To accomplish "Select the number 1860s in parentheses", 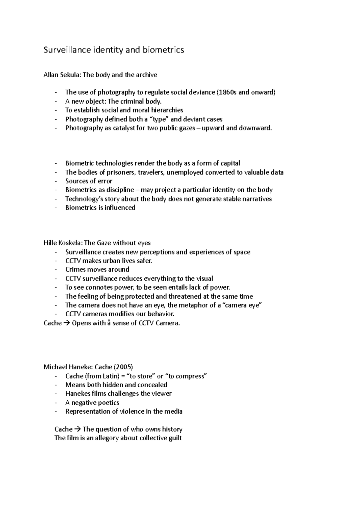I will (227, 92).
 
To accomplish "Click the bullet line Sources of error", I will (89, 181).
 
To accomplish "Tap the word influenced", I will (120, 208).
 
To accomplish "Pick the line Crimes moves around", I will (97, 269).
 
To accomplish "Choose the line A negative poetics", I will (92, 403).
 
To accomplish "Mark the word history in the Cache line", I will (172, 429).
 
